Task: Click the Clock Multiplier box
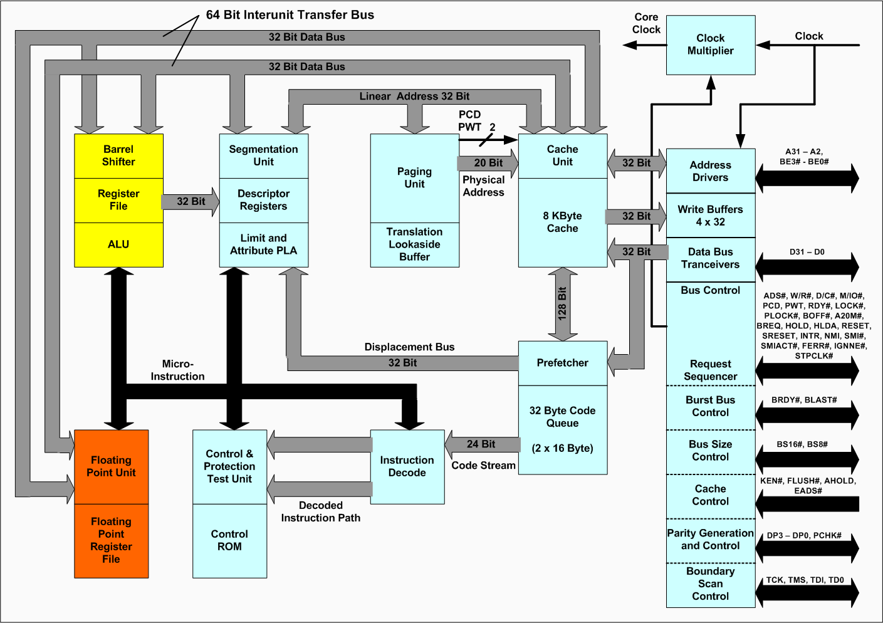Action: point(710,45)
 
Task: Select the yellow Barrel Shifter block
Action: point(118,155)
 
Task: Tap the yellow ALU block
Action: point(118,244)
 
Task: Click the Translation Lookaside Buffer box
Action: point(414,244)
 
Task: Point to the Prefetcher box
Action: point(562,363)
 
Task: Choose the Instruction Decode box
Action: point(407,466)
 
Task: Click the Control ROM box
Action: point(229,540)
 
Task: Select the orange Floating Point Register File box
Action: point(111,540)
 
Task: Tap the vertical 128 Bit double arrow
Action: point(562,304)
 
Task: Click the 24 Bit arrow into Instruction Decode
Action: point(481,444)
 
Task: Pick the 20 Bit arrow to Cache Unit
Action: point(488,163)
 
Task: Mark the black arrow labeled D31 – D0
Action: point(807,267)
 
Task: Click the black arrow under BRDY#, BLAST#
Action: point(807,415)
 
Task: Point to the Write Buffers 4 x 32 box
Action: point(710,216)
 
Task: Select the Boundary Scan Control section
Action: point(710,584)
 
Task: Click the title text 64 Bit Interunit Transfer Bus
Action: point(290,15)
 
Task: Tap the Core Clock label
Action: point(646,23)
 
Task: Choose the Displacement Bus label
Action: point(409,347)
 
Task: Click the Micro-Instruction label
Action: point(177,370)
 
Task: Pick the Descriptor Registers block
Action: point(263,200)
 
